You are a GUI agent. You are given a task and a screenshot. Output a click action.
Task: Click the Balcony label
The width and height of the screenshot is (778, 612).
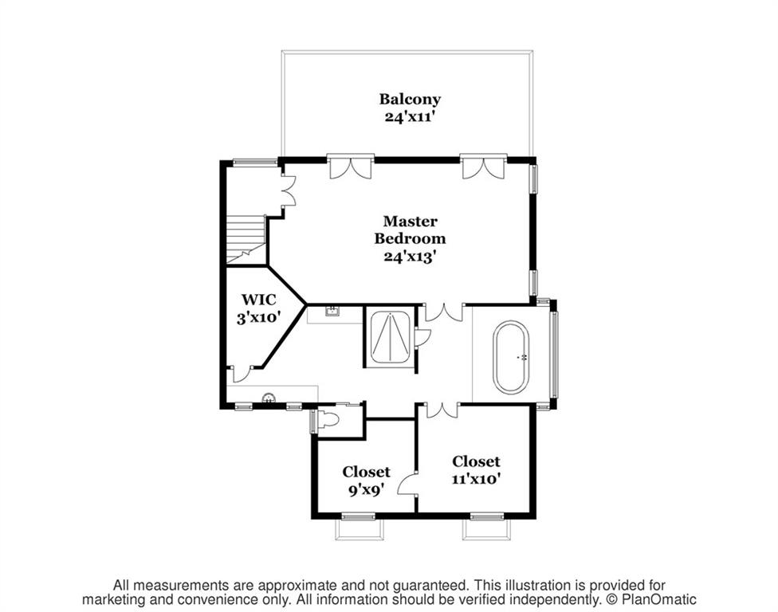pyautogui.click(x=410, y=99)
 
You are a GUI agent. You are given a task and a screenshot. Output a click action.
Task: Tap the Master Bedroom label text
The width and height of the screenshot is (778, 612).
pyautogui.click(x=410, y=229)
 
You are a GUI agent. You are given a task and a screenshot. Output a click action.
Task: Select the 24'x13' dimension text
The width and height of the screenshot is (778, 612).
pyautogui.click(x=410, y=257)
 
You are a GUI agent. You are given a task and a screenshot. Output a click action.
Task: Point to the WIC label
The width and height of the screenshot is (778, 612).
pyautogui.click(x=258, y=300)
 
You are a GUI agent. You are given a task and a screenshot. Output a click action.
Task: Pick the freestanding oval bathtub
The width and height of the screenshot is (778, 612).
pyautogui.click(x=510, y=357)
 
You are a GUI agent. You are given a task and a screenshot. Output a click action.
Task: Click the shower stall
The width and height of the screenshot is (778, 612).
pyautogui.click(x=390, y=337)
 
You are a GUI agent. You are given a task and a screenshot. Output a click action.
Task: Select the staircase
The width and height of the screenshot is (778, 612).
pyautogui.click(x=246, y=240)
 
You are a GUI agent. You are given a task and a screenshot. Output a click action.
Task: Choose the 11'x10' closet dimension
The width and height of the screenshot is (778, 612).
pyautogui.click(x=476, y=479)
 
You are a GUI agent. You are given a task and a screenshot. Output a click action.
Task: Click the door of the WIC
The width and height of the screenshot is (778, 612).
pyautogui.click(x=242, y=374)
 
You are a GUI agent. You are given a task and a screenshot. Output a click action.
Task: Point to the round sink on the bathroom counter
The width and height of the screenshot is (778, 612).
pyautogui.click(x=269, y=398)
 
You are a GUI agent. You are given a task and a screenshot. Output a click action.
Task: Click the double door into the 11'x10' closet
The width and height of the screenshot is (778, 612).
pyautogui.click(x=442, y=410)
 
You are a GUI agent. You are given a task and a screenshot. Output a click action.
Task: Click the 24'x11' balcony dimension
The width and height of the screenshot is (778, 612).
pyautogui.click(x=410, y=118)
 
